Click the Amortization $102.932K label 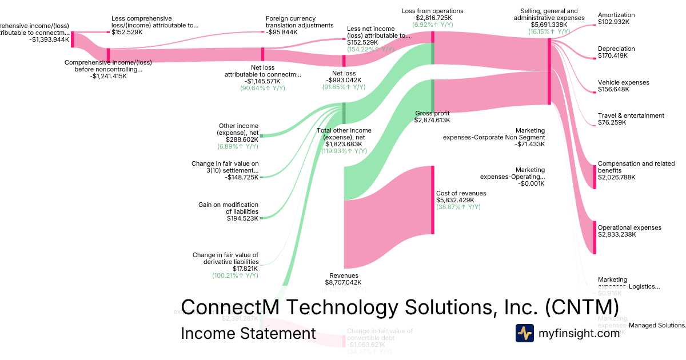coord(616,18)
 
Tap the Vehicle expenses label coord(623,86)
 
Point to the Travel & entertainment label coord(631,119)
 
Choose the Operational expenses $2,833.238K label coord(629,231)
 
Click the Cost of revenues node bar coord(433,199)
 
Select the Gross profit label coord(432,117)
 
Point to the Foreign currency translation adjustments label coord(300,25)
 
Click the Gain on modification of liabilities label coord(228,211)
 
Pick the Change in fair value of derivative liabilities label coord(225,262)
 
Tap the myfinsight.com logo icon coord(524,333)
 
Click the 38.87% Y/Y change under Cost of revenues coord(458,207)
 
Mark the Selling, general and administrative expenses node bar coord(549,71)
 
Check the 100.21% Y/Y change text coord(235,275)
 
